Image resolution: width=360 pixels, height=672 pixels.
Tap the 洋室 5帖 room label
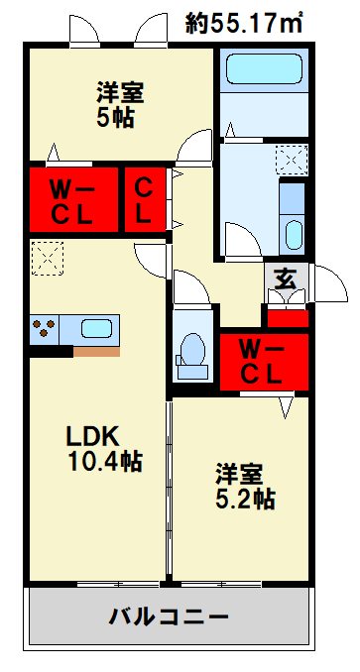[120, 105]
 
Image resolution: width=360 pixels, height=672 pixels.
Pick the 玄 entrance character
[286, 280]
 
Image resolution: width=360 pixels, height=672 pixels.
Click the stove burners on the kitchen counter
[45, 328]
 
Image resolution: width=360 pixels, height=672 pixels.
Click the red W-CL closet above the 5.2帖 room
[264, 361]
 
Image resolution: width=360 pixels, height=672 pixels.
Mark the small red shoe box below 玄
[289, 318]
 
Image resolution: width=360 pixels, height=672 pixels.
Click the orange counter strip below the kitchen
[97, 351]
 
